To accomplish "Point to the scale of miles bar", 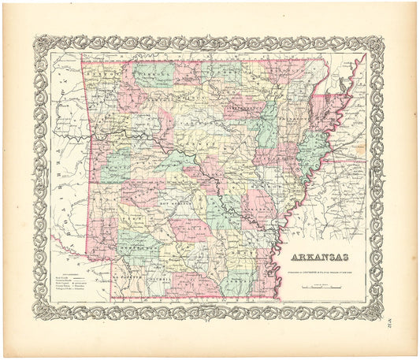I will tap(320, 288).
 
